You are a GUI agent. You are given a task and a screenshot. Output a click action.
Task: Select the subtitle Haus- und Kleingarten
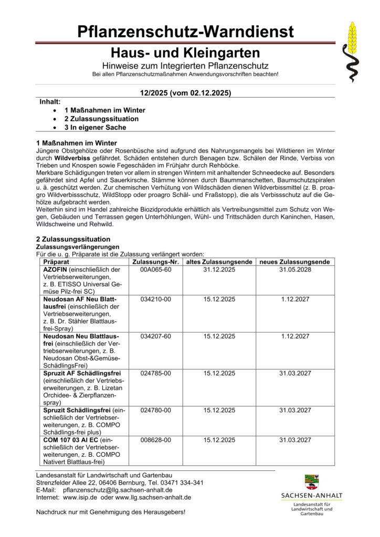tap(185, 53)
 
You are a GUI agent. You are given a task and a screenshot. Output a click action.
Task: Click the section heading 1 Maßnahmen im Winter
tap(77, 143)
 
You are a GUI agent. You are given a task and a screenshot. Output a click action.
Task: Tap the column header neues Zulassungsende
tap(294, 261)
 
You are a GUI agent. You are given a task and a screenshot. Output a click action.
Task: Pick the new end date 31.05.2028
tap(294, 269)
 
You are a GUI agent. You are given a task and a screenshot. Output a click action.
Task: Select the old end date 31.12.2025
tap(219, 269)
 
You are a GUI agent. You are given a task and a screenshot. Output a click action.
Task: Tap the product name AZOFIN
tap(56, 269)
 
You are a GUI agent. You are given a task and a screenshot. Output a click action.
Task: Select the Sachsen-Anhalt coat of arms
tap(312, 481)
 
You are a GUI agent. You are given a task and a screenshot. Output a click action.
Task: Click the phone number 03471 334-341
tap(182, 482)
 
